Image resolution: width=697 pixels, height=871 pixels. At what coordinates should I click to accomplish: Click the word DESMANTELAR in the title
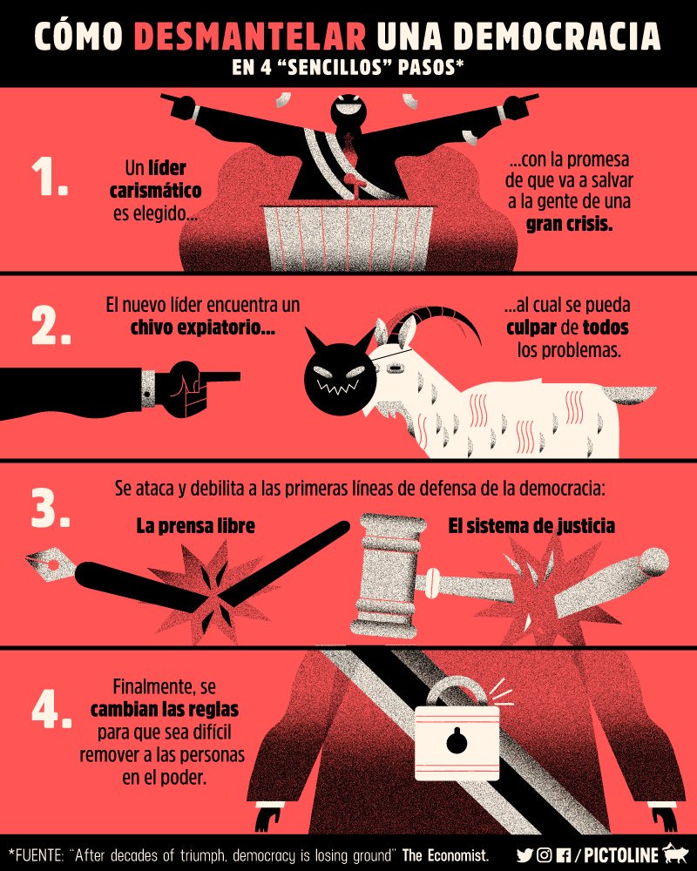click(x=250, y=36)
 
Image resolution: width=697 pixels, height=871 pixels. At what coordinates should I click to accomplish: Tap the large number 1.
click(x=50, y=176)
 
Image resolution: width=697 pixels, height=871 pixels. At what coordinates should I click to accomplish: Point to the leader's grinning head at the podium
click(x=348, y=111)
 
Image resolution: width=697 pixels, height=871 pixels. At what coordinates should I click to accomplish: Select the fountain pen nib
click(x=51, y=563)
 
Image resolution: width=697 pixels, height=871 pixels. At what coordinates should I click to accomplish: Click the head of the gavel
click(x=389, y=576)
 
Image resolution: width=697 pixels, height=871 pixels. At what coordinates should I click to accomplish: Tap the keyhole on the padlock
click(x=457, y=741)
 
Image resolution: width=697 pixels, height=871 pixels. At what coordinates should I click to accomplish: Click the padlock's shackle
click(x=456, y=692)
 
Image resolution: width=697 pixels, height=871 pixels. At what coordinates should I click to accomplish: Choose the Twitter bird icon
click(x=524, y=855)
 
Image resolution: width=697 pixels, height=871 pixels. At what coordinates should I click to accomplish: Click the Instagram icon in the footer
click(x=545, y=855)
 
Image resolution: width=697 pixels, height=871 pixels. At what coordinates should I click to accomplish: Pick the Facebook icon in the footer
click(x=563, y=855)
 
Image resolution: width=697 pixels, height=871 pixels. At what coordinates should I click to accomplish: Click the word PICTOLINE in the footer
click(x=621, y=854)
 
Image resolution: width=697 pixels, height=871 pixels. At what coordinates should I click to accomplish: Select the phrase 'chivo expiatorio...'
click(x=203, y=327)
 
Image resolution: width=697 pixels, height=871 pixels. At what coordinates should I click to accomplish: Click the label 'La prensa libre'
click(x=196, y=526)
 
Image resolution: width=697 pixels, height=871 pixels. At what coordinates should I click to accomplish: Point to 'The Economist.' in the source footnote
click(x=446, y=855)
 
